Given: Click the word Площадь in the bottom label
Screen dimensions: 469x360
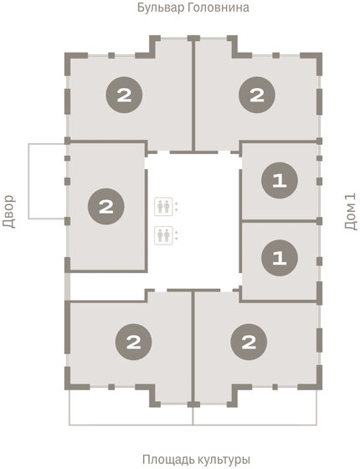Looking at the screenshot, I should [x=167, y=460].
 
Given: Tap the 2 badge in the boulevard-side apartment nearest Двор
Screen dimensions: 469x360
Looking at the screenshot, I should [x=124, y=95].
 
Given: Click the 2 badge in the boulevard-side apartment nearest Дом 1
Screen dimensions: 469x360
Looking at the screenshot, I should [x=255, y=95].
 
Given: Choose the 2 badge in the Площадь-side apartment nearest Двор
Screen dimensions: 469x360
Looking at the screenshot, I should [x=131, y=341].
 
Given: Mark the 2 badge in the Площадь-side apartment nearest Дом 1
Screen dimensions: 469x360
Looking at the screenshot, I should [x=248, y=341].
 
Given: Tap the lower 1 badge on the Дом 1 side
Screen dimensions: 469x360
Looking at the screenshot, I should [x=277, y=258].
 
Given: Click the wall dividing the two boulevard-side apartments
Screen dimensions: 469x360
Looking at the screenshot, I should [x=194, y=96].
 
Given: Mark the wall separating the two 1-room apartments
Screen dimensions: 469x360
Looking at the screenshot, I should [x=279, y=219].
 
